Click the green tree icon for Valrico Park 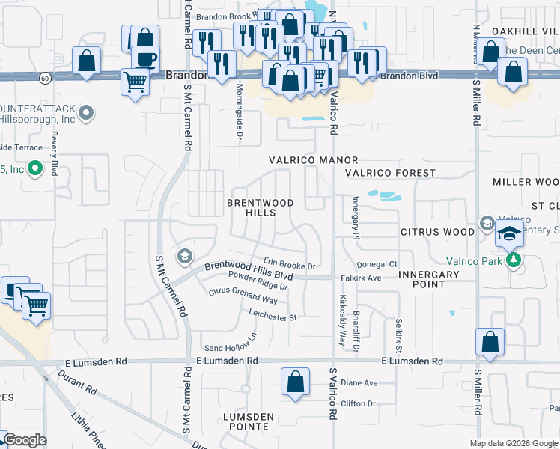pyautogui.click(x=513, y=260)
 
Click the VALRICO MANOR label pyautogui.click(x=314, y=160)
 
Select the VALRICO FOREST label pyautogui.click(x=390, y=173)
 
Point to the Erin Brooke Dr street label pyautogui.click(x=289, y=266)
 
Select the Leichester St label pyautogui.click(x=273, y=317)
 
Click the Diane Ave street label pyautogui.click(x=359, y=382)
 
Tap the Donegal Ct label pyautogui.click(x=377, y=264)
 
